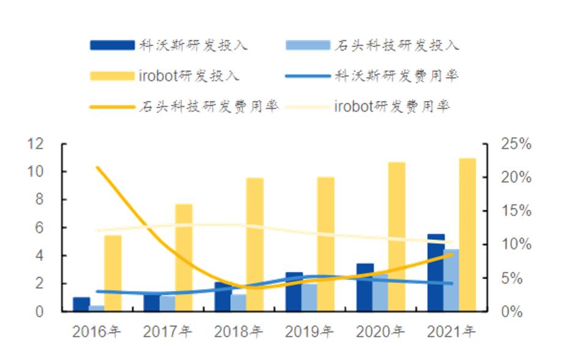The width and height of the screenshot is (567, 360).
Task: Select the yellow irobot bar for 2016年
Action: coord(113,273)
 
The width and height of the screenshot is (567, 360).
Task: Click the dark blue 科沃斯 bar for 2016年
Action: coord(81,304)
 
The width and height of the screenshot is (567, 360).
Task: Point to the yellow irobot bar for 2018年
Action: coord(254,244)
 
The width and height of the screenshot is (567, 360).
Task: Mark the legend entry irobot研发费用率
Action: coord(391,106)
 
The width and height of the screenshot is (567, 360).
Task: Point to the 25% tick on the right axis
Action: coord(516,144)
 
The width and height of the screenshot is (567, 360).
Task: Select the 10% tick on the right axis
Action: coord(516,244)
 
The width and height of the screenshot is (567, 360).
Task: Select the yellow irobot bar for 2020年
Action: coord(396,237)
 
